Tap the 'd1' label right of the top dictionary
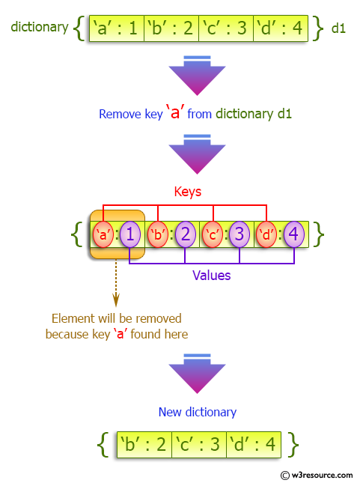click(x=338, y=28)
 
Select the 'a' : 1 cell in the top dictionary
click(x=116, y=28)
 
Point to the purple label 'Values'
click(x=212, y=276)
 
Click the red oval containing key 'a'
click(x=103, y=234)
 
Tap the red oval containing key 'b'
click(x=157, y=234)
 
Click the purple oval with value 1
click(x=129, y=234)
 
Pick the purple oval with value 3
click(x=239, y=234)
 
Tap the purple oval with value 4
click(x=293, y=234)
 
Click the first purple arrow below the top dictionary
click(x=192, y=75)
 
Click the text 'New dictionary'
click(x=198, y=412)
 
